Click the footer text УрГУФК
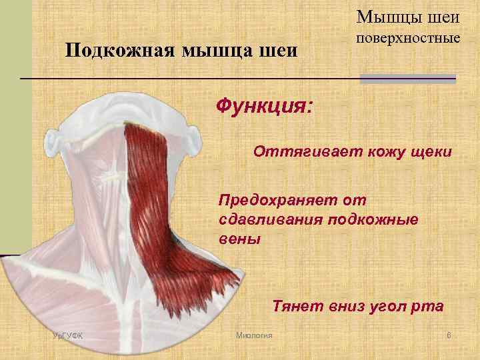click(x=67, y=334)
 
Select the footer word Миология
click(x=254, y=334)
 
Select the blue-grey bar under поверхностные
click(x=407, y=79)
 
